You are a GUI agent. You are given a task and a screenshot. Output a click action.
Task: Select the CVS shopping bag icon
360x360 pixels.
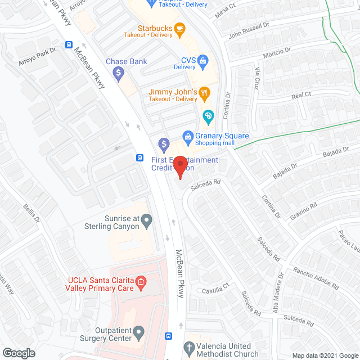click(x=202, y=60)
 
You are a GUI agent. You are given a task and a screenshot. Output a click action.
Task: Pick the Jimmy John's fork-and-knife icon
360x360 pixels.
click(x=205, y=92)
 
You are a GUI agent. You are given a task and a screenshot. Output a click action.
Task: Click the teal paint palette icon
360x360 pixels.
click(x=208, y=117)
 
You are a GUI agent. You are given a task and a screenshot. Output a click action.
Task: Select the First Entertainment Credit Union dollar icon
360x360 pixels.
click(x=164, y=145)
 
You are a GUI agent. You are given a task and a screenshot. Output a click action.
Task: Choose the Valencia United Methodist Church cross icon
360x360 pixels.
click(x=190, y=346)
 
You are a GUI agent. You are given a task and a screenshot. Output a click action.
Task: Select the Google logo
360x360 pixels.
click(x=18, y=353)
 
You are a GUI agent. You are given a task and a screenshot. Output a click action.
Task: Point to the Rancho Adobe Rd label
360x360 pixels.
click(x=316, y=278)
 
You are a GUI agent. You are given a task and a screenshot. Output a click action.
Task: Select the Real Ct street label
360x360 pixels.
click(x=301, y=96)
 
